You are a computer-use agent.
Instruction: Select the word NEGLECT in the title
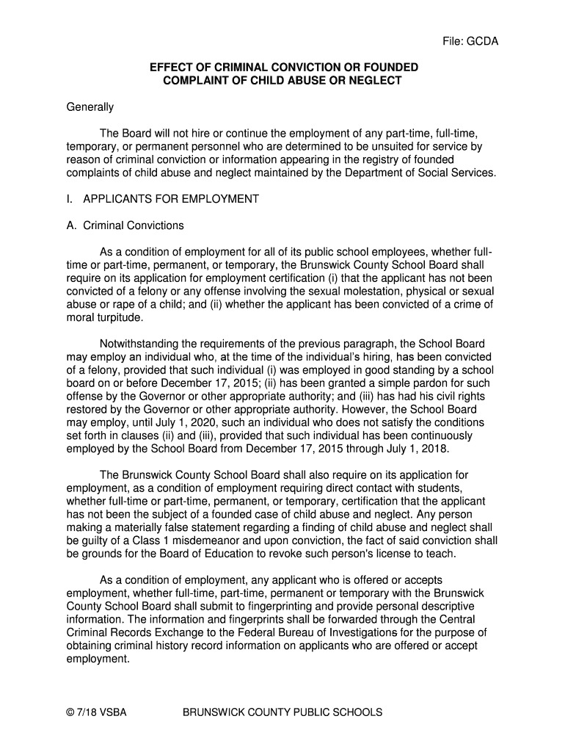pyautogui.click(x=375, y=81)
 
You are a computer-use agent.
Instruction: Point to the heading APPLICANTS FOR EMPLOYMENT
pyautogui.click(x=171, y=199)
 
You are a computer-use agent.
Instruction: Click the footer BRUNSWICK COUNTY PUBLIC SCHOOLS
pyautogui.click(x=282, y=712)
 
